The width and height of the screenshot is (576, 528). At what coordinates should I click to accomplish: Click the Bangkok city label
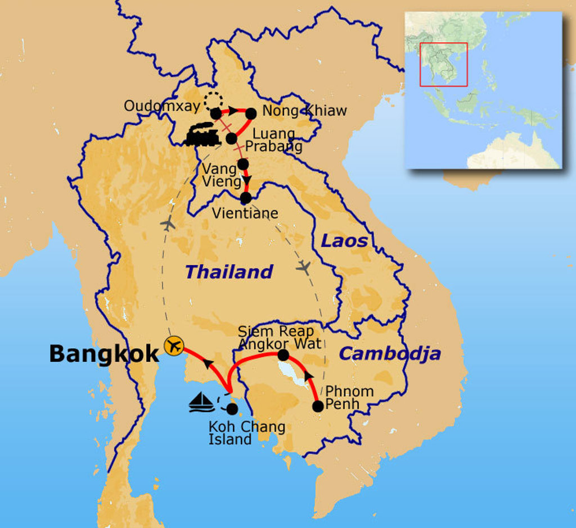[104, 354]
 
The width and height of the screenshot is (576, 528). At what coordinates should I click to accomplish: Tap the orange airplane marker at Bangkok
[174, 346]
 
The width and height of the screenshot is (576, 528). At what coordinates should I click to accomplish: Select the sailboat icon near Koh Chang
[202, 402]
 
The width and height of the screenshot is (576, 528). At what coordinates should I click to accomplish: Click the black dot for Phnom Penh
[318, 406]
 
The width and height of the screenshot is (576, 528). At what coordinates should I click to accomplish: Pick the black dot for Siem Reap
[283, 355]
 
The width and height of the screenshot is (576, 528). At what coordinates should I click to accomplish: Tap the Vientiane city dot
[245, 198]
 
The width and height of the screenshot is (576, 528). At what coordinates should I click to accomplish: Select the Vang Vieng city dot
[243, 164]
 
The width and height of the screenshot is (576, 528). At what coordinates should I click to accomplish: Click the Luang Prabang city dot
[231, 138]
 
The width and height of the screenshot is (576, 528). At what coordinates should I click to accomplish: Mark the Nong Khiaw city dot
[251, 113]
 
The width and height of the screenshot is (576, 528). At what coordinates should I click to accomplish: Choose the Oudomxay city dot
[216, 113]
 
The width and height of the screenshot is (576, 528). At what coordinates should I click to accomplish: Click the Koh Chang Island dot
[232, 409]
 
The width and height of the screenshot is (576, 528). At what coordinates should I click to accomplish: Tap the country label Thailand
[229, 272]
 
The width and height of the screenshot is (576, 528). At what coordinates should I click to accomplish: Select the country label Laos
[344, 242]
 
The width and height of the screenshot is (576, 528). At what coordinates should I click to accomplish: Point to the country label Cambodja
[389, 353]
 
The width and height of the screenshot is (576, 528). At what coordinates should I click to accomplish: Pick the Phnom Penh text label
[349, 397]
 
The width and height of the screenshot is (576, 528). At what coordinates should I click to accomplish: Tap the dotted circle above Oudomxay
[213, 101]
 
